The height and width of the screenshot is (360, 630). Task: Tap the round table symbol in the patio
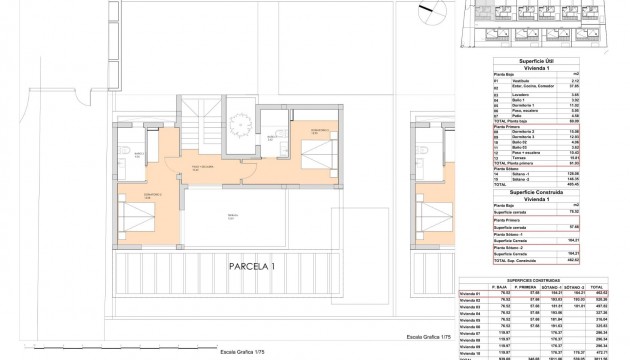240,126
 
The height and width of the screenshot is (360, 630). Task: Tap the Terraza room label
232,214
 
